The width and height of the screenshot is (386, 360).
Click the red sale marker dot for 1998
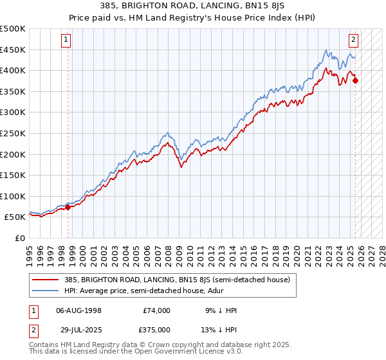pos(68,207)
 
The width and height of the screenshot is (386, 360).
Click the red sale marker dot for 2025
pos(356,81)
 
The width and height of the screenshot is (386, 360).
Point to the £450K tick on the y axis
pos(13,50)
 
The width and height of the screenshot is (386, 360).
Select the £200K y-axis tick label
pos(13,154)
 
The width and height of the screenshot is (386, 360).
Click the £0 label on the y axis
pos(20,238)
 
